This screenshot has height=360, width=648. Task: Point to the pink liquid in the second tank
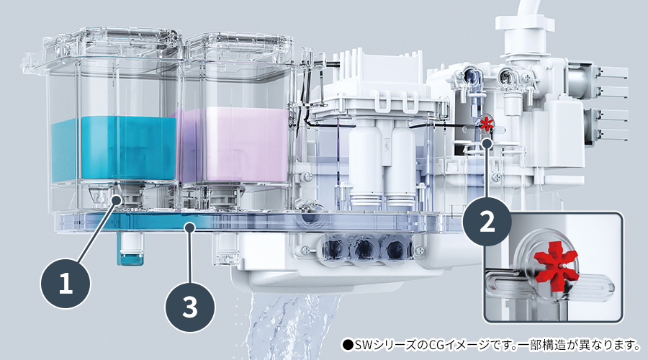click(x=234, y=144)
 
